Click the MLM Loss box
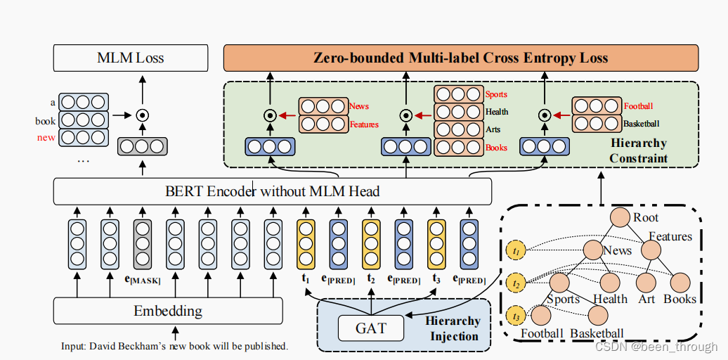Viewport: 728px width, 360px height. (131, 58)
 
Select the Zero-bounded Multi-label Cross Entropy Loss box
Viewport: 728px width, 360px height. (460, 58)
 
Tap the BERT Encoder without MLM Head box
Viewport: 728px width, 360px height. (273, 191)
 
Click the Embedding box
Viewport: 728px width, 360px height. (168, 310)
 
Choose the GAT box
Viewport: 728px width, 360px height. (371, 327)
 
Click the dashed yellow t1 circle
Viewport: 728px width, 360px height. (515, 250)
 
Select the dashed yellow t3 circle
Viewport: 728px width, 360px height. (515, 316)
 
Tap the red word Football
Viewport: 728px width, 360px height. (638, 106)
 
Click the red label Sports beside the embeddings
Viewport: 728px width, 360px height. (496, 94)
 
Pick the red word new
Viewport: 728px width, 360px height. (46, 137)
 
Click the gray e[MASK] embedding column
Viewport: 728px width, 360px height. (143, 244)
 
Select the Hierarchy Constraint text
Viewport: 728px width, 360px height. (638, 150)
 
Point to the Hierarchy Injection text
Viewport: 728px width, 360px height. (453, 328)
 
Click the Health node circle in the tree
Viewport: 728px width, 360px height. (610, 283)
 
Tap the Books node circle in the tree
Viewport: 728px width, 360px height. (680, 283)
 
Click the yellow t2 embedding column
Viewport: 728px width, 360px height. (371, 244)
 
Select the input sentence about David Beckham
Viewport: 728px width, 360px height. (174, 346)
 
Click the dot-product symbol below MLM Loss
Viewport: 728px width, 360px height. (143, 114)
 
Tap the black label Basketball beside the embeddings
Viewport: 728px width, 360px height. (641, 124)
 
